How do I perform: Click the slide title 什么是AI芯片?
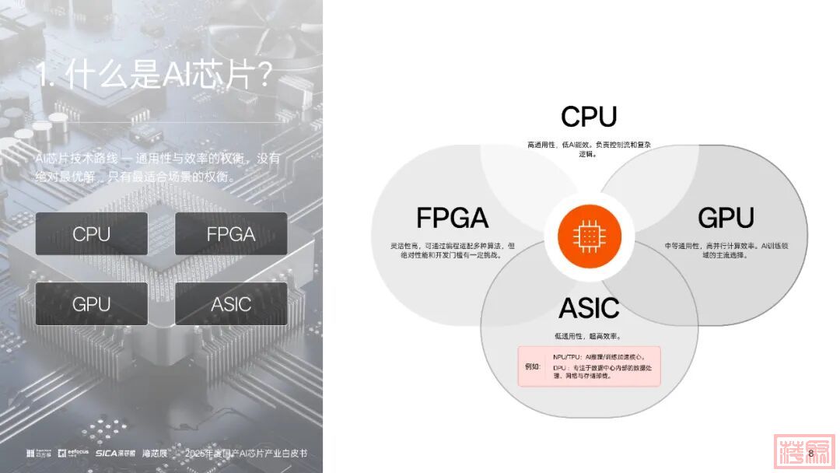tap(154, 75)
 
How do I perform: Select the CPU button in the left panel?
tap(92, 234)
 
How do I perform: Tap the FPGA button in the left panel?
tap(231, 234)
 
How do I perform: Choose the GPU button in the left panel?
tap(92, 304)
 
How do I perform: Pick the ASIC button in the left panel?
tap(231, 304)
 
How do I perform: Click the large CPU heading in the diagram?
tap(589, 117)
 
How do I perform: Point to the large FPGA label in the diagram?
tap(452, 218)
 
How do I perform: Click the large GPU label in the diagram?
tap(725, 218)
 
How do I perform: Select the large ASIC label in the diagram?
tap(589, 308)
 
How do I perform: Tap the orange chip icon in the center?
tap(589, 234)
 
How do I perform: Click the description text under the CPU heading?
tap(589, 149)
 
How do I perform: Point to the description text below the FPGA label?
tap(452, 250)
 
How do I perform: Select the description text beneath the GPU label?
tap(725, 250)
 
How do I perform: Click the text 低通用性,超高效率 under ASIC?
tap(589, 336)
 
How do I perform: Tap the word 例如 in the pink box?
tap(534, 366)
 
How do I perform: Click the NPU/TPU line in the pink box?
tap(600, 356)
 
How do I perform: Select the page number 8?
tap(810, 453)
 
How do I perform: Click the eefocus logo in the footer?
tap(74, 453)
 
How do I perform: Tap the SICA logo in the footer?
tap(115, 453)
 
